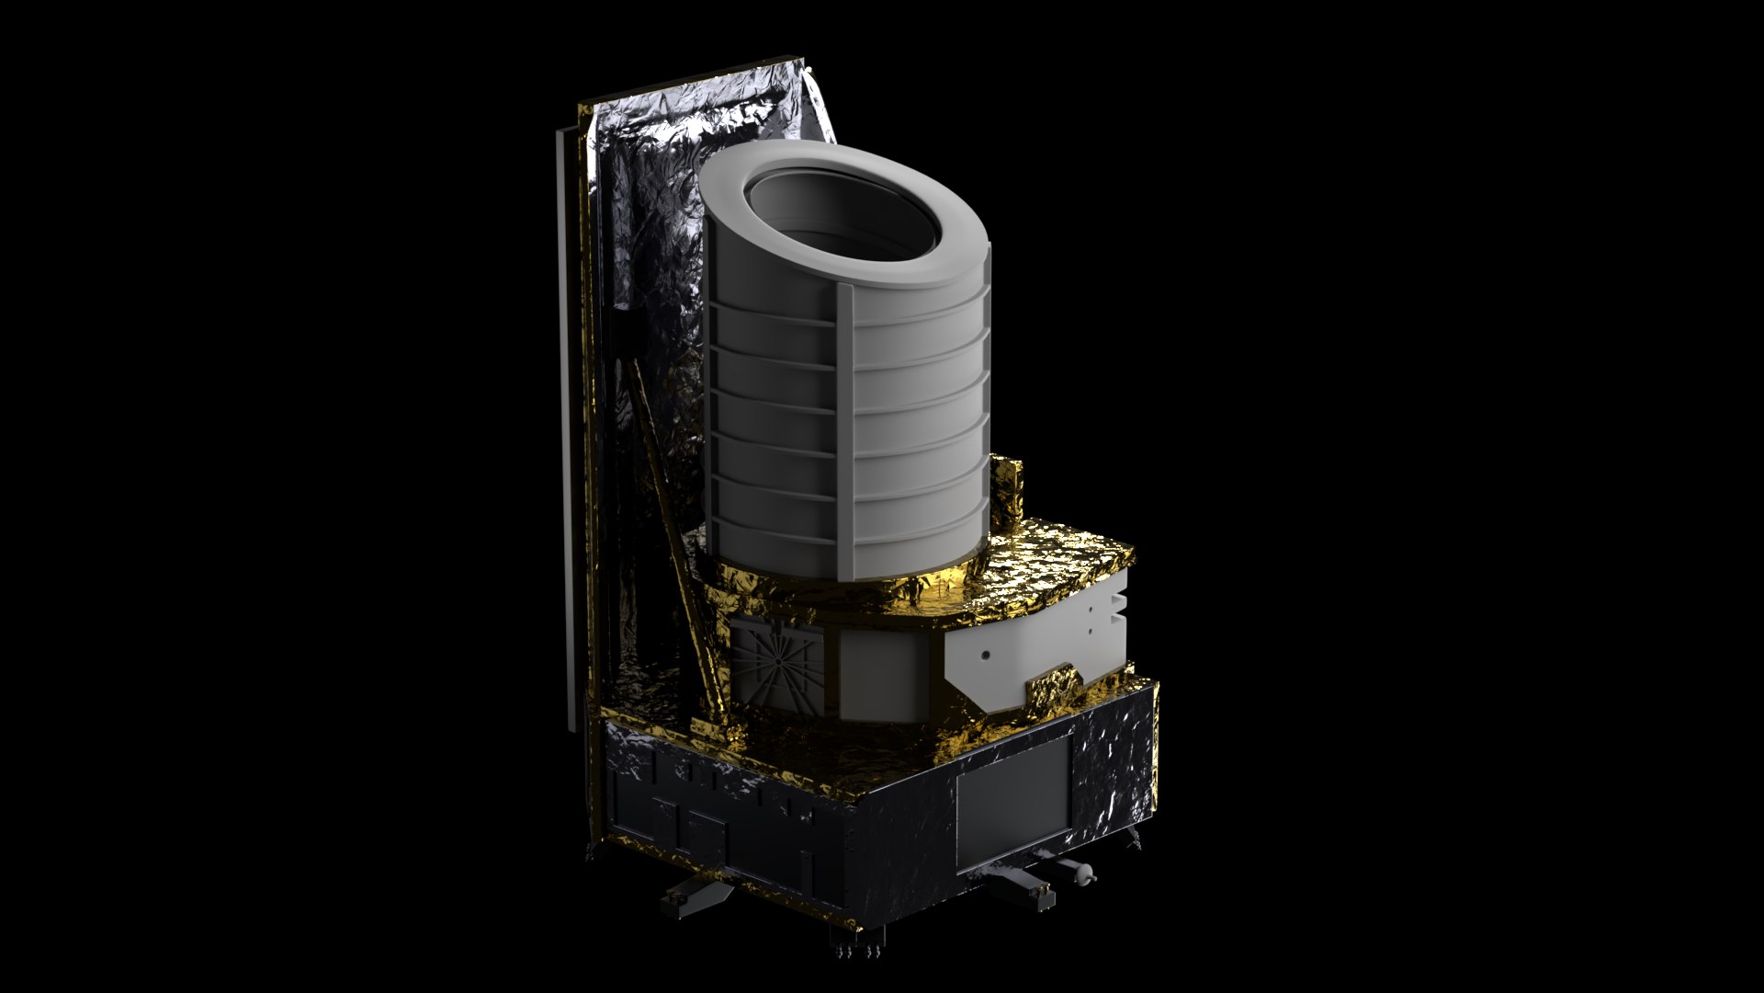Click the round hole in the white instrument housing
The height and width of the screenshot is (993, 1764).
coord(986,656)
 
